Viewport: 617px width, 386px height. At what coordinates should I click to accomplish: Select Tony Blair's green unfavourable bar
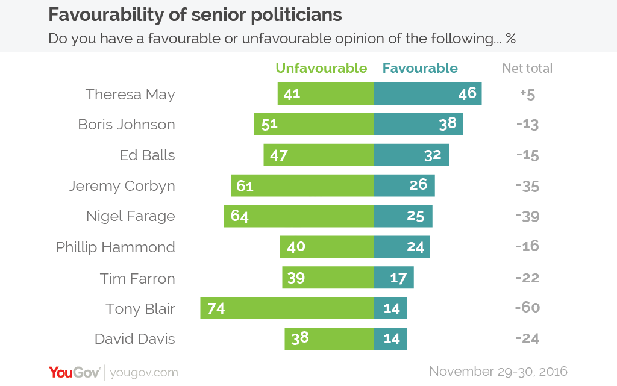[x=287, y=308]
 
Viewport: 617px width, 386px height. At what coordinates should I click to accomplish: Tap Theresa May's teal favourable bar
[x=427, y=94]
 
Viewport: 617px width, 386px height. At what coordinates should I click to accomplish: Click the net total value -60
[x=527, y=308]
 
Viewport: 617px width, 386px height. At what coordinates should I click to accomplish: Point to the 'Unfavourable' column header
[x=321, y=68]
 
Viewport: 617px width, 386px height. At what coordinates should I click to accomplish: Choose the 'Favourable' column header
[x=420, y=68]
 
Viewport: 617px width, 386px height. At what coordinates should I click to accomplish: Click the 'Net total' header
[x=527, y=69]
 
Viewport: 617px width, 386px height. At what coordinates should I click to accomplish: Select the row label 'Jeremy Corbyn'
[x=121, y=186]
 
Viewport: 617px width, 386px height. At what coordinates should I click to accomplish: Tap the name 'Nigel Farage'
[x=130, y=216]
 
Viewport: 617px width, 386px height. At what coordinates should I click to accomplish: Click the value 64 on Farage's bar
[x=240, y=216]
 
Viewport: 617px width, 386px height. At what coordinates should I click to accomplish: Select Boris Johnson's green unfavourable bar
[x=314, y=125]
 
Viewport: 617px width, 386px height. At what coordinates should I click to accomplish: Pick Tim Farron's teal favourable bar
[x=393, y=278]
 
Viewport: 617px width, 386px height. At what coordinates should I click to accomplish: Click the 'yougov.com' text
[x=144, y=373]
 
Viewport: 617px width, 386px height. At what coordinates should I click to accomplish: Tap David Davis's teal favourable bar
[x=390, y=338]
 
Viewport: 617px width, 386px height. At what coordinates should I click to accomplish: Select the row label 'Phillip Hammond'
[x=115, y=247]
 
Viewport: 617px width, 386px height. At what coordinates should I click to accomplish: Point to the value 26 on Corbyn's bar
[x=418, y=185]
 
